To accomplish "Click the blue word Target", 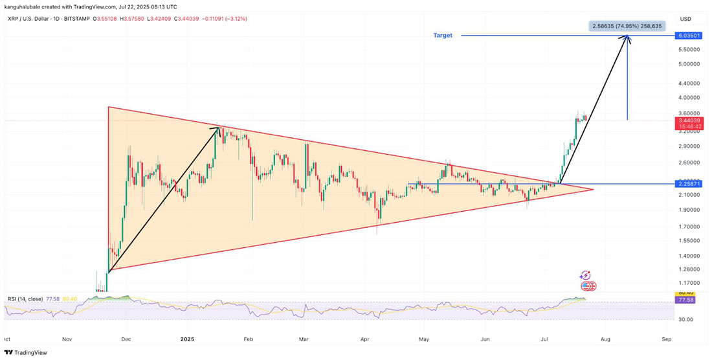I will coord(443,35).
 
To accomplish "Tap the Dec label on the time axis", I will coord(127,339).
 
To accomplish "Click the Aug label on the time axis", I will coord(605,339).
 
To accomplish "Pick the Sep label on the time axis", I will coord(666,339).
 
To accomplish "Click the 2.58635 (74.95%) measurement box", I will coord(627,26).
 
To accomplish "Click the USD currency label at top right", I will coord(685,19).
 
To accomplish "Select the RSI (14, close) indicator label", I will coord(25,299).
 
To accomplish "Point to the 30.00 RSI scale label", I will coord(685,319).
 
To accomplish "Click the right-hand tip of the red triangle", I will coord(593,189).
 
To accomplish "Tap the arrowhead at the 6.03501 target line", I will coord(627,38).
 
